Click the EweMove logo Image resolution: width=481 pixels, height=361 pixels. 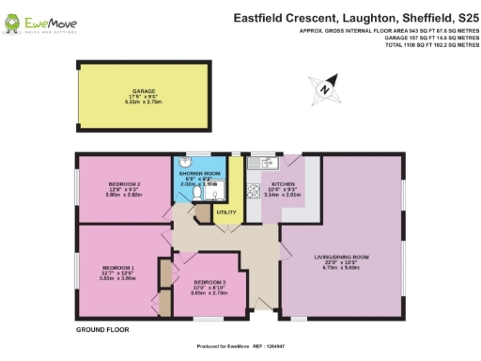click(x=37, y=20)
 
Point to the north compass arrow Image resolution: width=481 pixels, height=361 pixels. click(x=324, y=87)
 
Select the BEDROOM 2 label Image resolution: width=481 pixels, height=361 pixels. click(x=126, y=183)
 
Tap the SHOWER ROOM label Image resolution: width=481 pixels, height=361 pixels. click(x=198, y=175)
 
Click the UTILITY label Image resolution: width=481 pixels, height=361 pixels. click(x=225, y=213)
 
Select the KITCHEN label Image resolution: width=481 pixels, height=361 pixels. click(x=283, y=184)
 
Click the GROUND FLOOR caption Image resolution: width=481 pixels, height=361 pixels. click(x=101, y=330)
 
